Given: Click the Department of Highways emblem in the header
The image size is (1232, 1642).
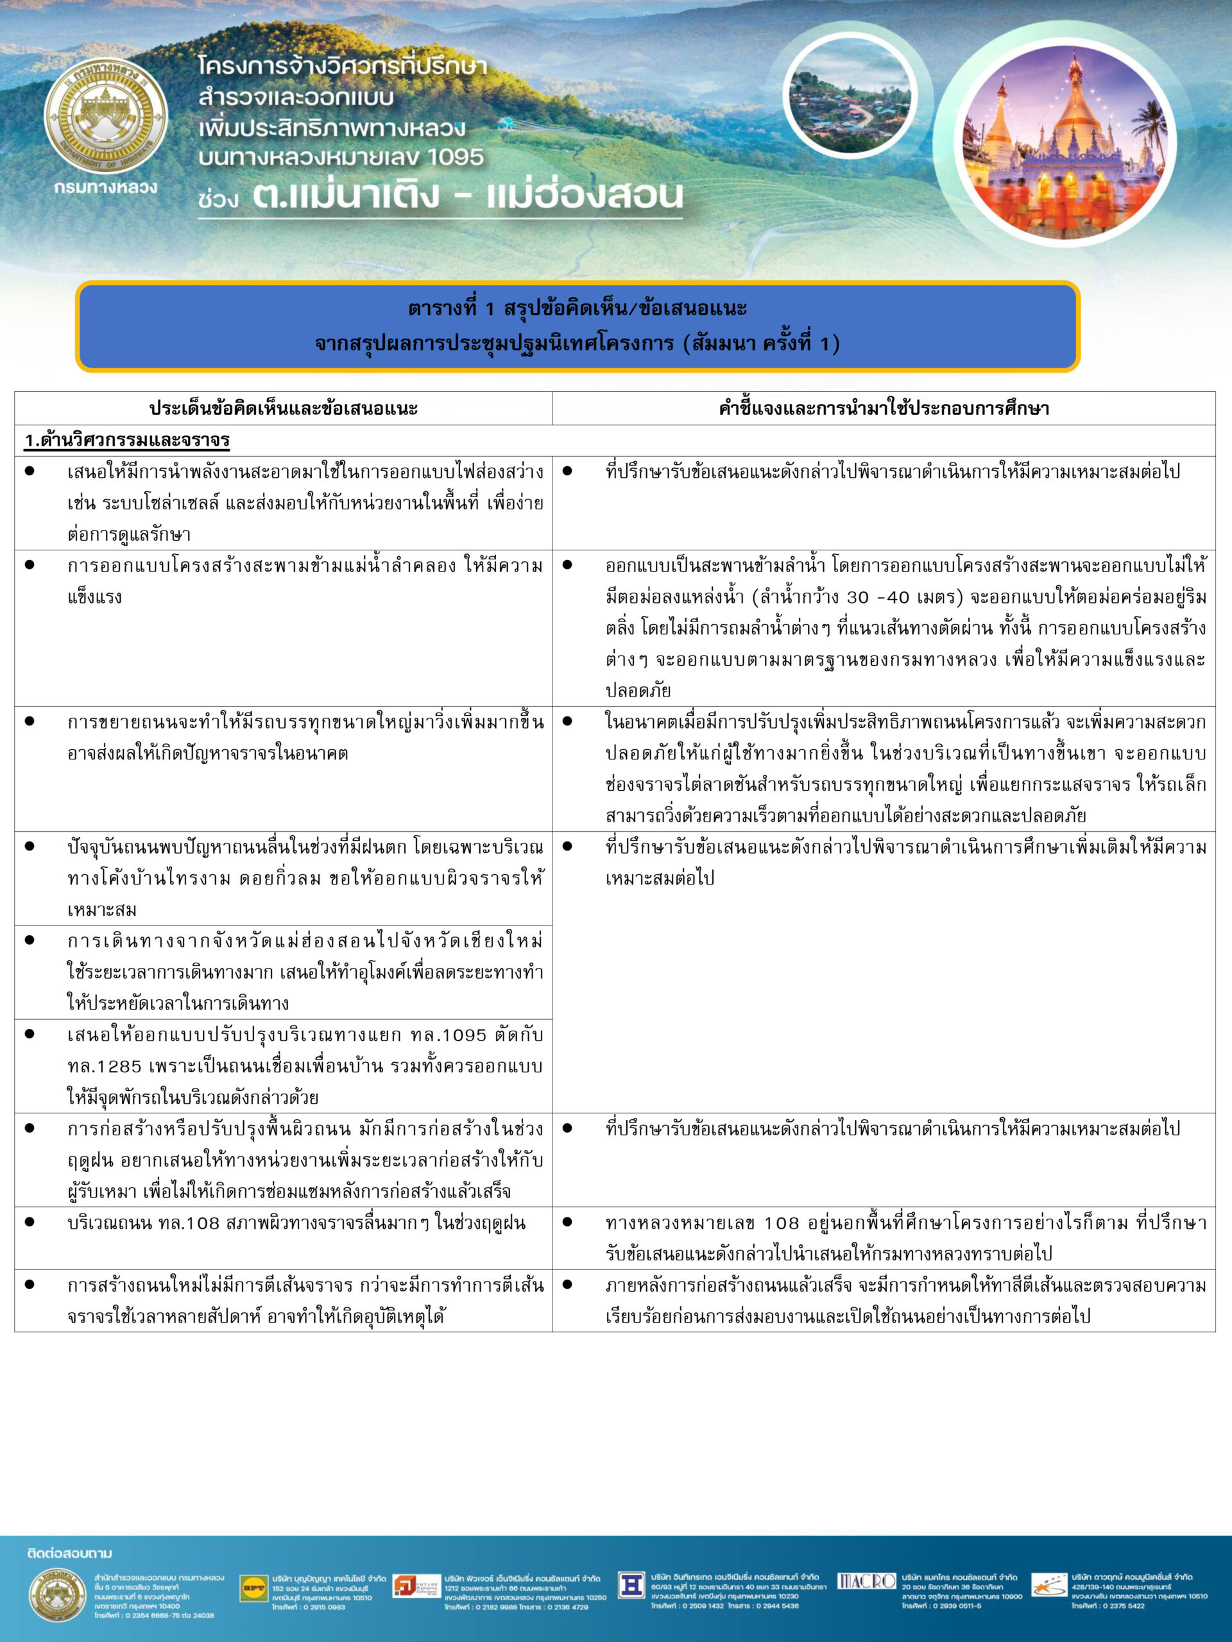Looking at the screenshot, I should pyautogui.click(x=106, y=117).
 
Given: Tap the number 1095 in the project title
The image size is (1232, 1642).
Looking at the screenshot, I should pyautogui.click(x=454, y=157).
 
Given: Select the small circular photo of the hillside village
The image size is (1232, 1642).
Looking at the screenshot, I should pyautogui.click(x=850, y=96).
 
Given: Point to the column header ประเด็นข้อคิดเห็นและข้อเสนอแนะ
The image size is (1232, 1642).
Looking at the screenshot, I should pyautogui.click(x=283, y=409).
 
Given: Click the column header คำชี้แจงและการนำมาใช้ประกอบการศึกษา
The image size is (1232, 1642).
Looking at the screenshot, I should pyautogui.click(x=883, y=409).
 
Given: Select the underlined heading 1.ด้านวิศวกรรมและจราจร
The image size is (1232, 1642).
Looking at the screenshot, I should pyautogui.click(x=127, y=440).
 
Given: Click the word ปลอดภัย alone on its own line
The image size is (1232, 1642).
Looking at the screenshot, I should pyautogui.click(x=638, y=690).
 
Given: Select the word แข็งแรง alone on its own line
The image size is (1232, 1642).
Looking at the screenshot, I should pyautogui.click(x=94, y=597).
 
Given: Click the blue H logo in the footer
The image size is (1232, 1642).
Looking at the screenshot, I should pyautogui.click(x=631, y=1585).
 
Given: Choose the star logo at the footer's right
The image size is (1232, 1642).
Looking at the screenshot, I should pyautogui.click(x=1049, y=1586).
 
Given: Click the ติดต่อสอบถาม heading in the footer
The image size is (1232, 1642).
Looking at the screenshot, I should pyautogui.click(x=70, y=1553).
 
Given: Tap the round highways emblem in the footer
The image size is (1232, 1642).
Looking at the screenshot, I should pyautogui.click(x=57, y=1594).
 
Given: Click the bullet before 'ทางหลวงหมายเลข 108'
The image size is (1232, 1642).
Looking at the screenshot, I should pyautogui.click(x=567, y=1222).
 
